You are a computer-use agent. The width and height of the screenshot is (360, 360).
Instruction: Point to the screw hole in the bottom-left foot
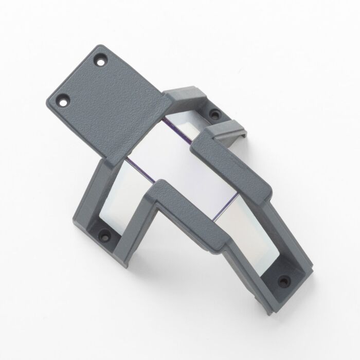106,236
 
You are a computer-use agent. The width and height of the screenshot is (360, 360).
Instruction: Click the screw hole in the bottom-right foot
282,281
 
